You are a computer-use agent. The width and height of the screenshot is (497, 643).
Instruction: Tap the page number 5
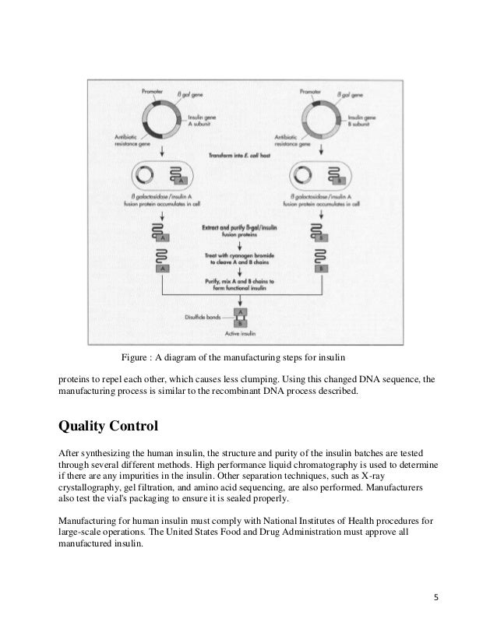click(435, 598)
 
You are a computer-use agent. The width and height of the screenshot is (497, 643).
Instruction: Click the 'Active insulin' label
click(241, 335)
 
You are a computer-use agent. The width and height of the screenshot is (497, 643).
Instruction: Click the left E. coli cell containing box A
click(158, 174)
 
